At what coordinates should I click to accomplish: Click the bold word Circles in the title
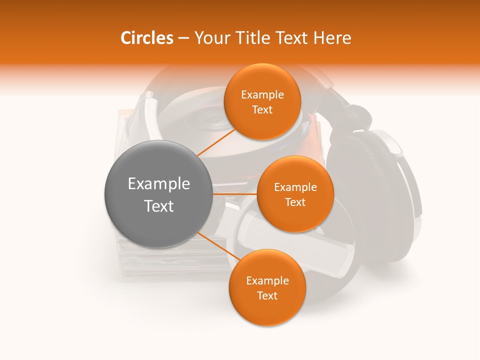146,38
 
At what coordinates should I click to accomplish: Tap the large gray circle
158,194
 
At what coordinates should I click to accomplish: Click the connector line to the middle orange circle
235,194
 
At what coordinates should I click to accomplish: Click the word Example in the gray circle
158,184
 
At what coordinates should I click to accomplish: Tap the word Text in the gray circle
158,206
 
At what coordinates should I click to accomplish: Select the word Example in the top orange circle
262,95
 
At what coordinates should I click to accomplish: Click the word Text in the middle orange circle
295,202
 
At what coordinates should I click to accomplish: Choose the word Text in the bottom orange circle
267,296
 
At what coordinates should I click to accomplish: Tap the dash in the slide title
183,38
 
